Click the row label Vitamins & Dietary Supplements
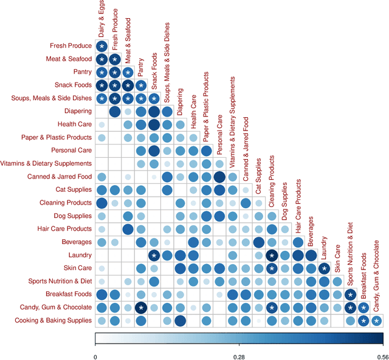tap(47, 164)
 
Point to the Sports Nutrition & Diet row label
tap(60, 281)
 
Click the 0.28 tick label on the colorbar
tap(238, 357)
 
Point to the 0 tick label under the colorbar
tap(95, 357)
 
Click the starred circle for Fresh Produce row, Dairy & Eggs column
tap(102, 46)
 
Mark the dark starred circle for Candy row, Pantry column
tap(141, 307)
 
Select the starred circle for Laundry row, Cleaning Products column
tap(272, 255)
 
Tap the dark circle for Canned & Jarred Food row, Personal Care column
tap(219, 177)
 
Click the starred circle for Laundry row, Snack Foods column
tap(154, 255)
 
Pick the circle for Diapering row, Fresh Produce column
tap(114, 111)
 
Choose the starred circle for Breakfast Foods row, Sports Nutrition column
tap(350, 294)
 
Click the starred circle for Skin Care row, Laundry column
tap(324, 268)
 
